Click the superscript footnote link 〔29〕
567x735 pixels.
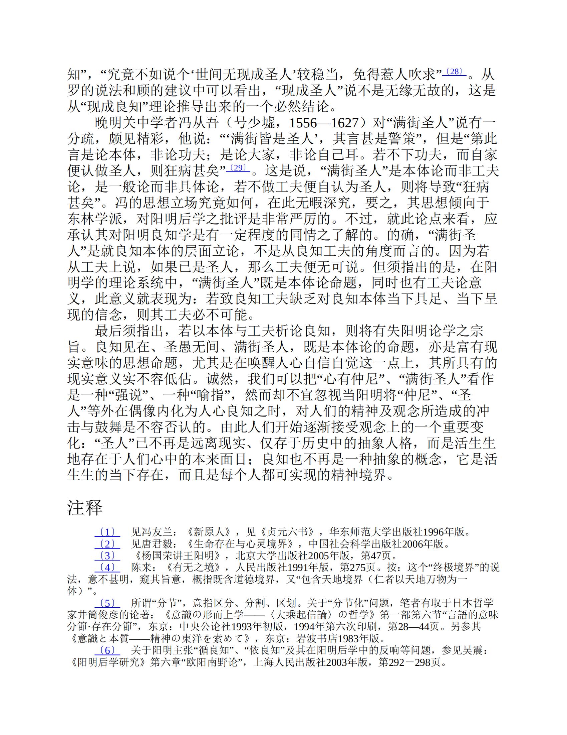(x=238, y=168)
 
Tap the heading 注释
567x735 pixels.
(x=85, y=508)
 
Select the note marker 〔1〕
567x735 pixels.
(x=107, y=532)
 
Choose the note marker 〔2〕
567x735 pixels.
(x=107, y=544)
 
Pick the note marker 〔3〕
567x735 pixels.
(x=107, y=556)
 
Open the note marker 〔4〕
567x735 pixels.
(x=107, y=568)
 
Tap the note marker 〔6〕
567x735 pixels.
(x=107, y=650)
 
